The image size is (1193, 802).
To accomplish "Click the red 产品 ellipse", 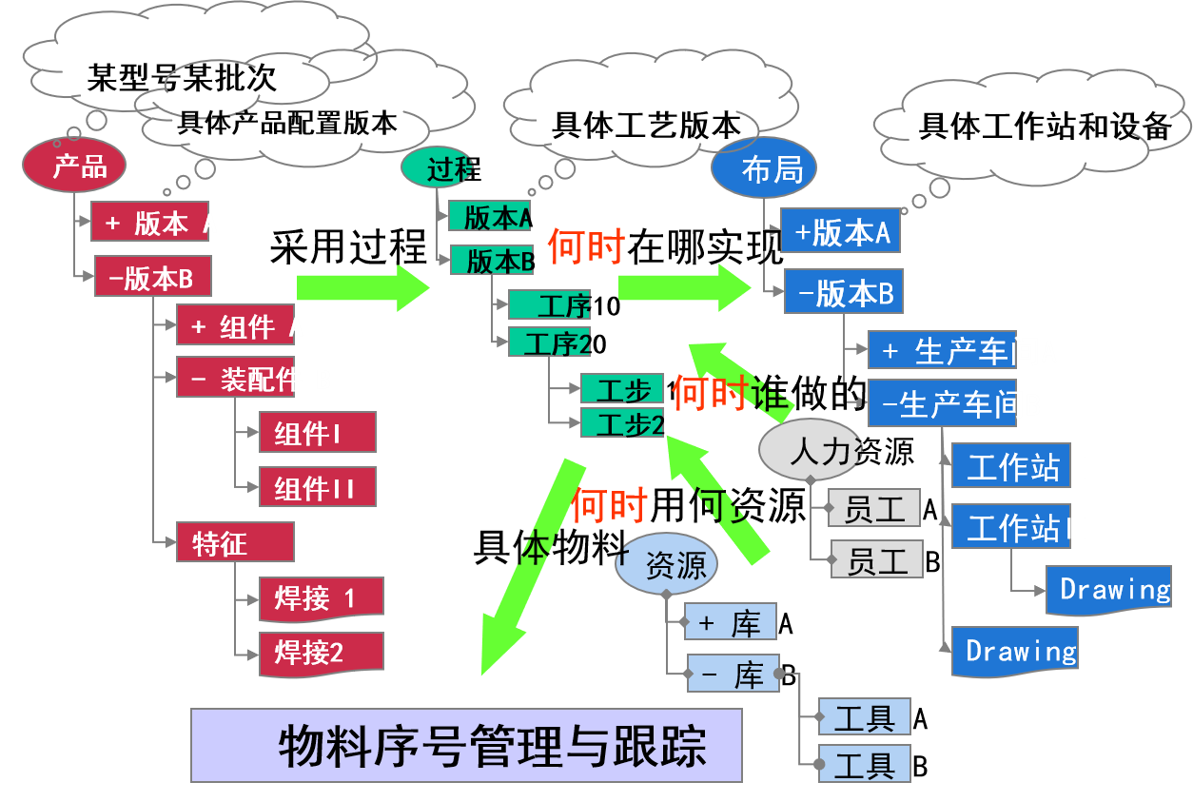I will point(74,166).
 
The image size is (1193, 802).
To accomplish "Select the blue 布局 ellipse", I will point(763,169).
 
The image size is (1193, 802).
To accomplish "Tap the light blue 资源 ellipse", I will point(666,566).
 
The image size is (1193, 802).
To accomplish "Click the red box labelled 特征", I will point(235,543).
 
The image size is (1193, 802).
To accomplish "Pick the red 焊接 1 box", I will point(321,598).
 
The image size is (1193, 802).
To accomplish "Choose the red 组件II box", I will point(317,488).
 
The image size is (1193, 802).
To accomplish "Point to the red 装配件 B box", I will point(236,379).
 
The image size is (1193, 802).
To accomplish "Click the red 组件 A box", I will point(236,326).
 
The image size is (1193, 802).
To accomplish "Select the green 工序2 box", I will point(550,342).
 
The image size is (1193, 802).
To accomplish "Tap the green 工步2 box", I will point(622,423).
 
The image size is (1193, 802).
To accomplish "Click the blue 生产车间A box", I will point(942,351).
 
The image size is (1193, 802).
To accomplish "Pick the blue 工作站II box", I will point(1011,526).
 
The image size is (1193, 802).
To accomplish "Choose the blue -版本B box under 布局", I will point(843,292).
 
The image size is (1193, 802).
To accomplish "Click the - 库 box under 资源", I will point(733,675).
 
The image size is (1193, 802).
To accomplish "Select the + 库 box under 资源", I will point(731,622).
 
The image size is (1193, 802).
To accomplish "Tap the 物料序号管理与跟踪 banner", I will point(466,745).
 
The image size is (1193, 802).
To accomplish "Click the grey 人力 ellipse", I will point(812,449).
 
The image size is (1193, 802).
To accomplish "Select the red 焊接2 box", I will point(321,653).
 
